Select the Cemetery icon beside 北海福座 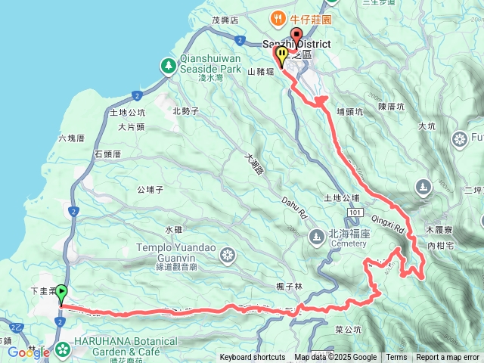(x=316, y=239)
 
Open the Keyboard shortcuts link (x=253, y=358)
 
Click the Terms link (x=396, y=358)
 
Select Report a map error (x=447, y=358)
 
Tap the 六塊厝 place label (x=73, y=138)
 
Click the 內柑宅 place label (x=440, y=246)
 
